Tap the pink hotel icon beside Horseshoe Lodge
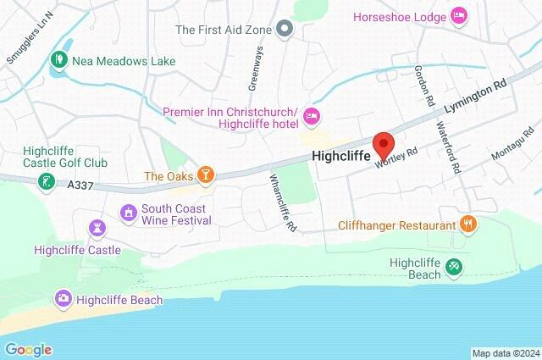pos(459,14)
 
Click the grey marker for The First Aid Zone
pos(286,30)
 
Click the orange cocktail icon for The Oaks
pos(205,175)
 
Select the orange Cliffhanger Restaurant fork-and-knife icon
pos(467,224)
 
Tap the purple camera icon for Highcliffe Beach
pos(63,297)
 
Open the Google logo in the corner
pos(28,349)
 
